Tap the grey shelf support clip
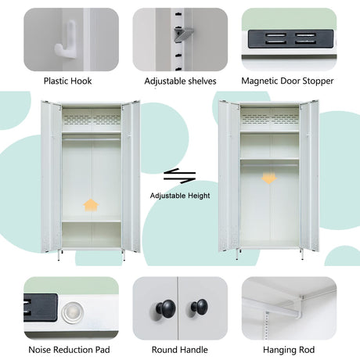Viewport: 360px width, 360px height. pyautogui.click(x=184, y=34)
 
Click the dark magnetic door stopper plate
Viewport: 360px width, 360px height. pyautogui.click(x=290, y=38)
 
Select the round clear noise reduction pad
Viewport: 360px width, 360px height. pyautogui.click(x=72, y=312)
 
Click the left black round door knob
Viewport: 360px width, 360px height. pyautogui.click(x=166, y=308)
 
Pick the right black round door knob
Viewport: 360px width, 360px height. pyautogui.click(x=200, y=307)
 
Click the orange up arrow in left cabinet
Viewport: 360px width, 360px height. pyautogui.click(x=91, y=205)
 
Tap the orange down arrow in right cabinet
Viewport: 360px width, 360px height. pyautogui.click(x=269, y=178)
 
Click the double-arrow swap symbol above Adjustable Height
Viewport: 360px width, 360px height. pyautogui.click(x=179, y=176)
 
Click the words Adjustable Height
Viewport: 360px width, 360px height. pyautogui.click(x=180, y=196)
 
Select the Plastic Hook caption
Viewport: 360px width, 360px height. pyautogui.click(x=67, y=81)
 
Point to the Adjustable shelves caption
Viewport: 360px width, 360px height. pyautogui.click(x=180, y=81)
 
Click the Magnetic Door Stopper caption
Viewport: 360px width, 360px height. pyautogui.click(x=287, y=81)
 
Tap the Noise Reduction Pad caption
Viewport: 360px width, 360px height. pyautogui.click(x=69, y=350)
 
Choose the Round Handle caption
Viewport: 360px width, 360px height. pyautogui.click(x=180, y=350)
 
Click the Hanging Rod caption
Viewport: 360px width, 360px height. pyautogui.click(x=289, y=350)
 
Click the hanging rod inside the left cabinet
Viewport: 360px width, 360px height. pyautogui.click(x=92, y=140)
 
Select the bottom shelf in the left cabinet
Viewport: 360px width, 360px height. pyautogui.click(x=92, y=221)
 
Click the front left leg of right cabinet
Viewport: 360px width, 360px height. pyautogui.click(x=237, y=254)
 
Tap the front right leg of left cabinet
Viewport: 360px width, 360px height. pyautogui.click(x=124, y=255)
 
